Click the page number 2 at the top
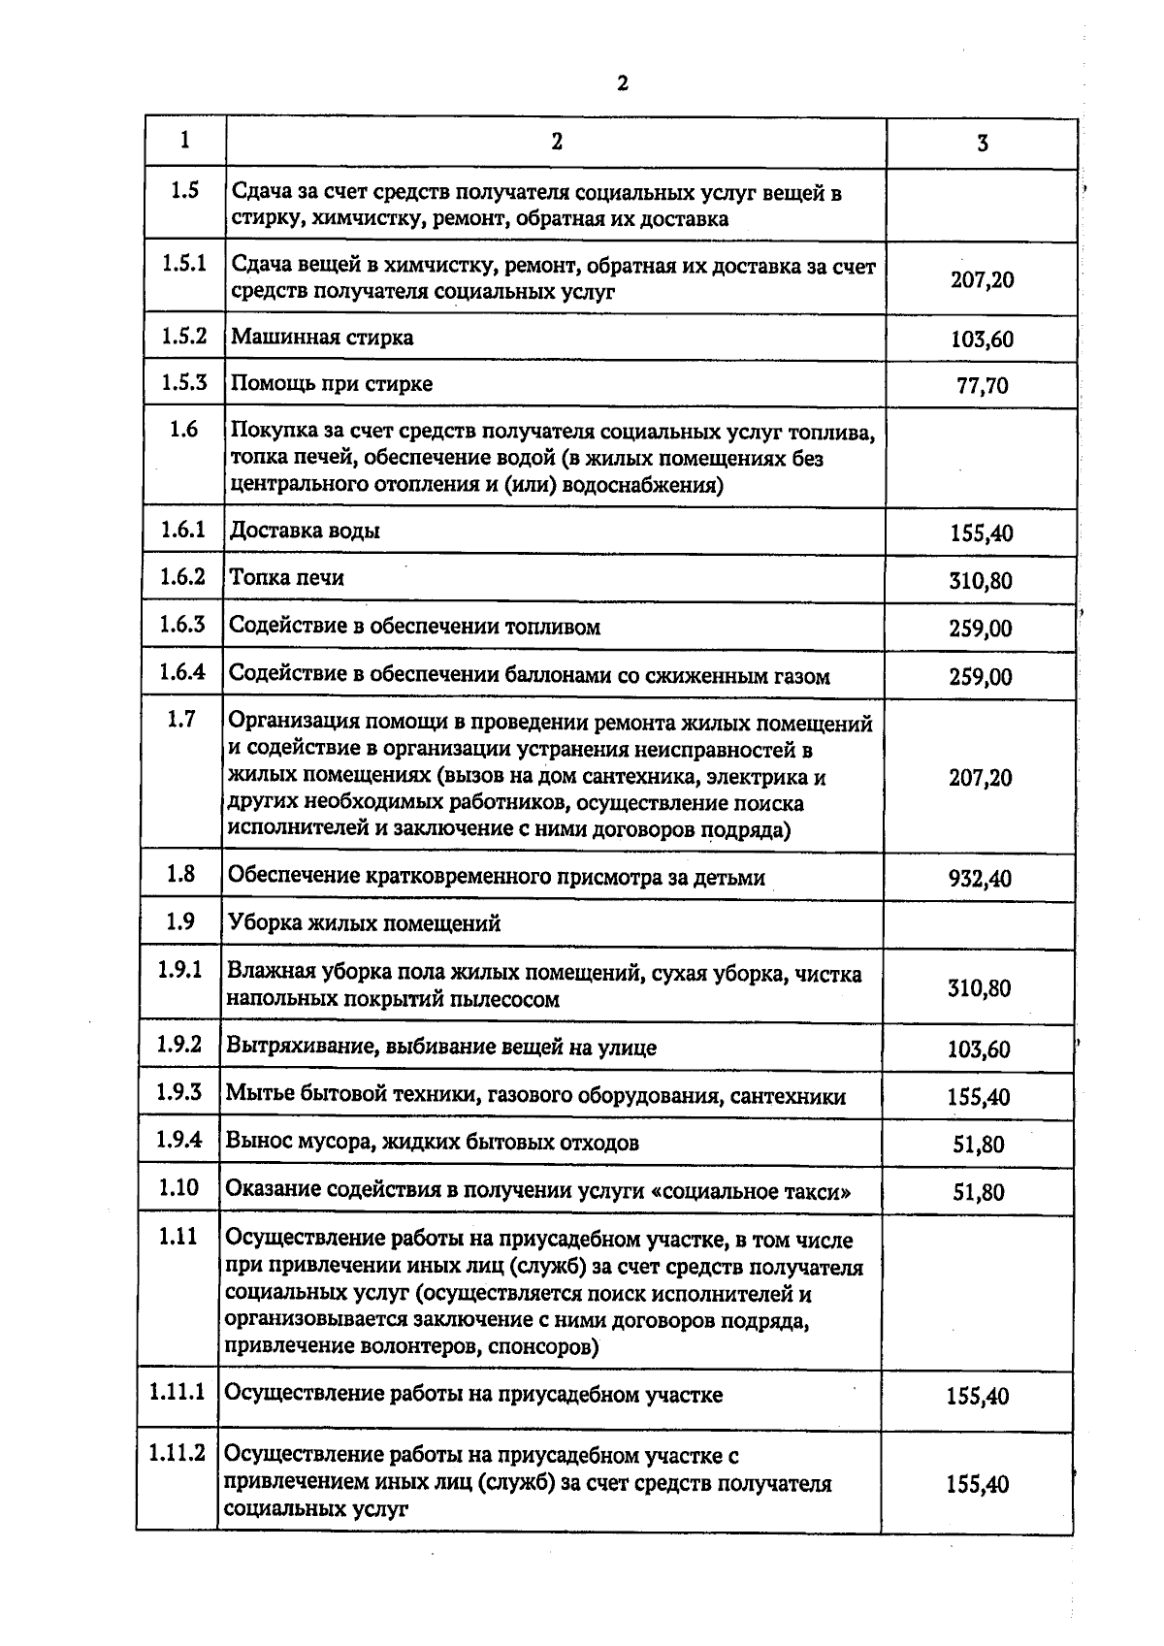622,83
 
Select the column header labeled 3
982,144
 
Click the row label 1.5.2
183,337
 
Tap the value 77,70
982,386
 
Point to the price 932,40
980,879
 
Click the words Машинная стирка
322,338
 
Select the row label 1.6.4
182,672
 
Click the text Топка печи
287,578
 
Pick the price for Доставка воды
981,533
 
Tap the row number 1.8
180,874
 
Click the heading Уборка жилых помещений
364,923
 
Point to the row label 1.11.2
178,1453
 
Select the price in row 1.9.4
978,1145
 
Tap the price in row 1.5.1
982,280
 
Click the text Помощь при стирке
332,384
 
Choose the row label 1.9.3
179,1092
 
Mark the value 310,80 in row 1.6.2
980,581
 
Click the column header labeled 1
184,140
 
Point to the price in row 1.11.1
978,1397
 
